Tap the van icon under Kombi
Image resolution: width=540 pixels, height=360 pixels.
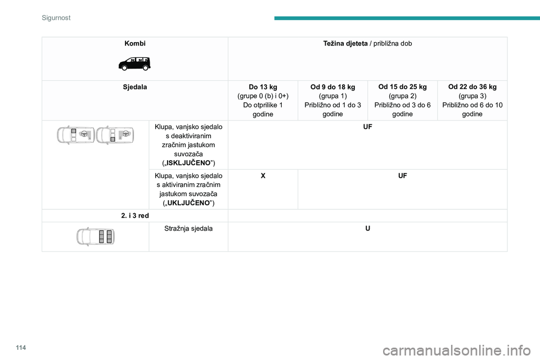134,63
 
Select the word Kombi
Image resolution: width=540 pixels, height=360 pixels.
134,43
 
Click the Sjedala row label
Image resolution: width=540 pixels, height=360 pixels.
134,87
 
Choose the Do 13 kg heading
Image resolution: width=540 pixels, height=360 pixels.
263,87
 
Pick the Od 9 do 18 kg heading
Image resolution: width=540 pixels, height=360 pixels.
332,87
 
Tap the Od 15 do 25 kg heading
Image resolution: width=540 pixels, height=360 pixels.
402,87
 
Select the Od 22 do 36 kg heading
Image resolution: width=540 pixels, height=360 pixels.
472,87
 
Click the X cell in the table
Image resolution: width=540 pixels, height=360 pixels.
263,176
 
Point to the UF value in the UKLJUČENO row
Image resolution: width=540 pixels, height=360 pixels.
402,176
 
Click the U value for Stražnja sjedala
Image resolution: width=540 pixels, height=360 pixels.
367,229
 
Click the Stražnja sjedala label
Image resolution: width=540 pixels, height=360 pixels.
188,229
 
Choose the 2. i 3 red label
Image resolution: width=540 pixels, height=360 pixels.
134,216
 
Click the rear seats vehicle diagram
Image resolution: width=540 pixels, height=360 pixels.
96,236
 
